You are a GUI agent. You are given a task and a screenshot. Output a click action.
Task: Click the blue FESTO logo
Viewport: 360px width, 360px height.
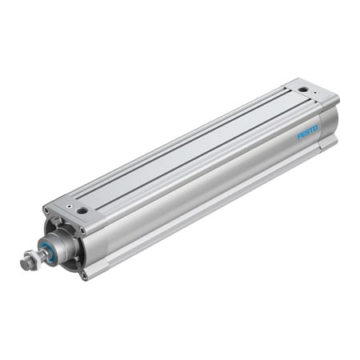[x=307, y=131]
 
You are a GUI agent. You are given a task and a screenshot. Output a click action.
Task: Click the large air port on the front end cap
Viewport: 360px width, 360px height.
[x=82, y=211]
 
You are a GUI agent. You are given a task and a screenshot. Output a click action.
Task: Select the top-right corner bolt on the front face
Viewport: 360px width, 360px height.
[x=82, y=231]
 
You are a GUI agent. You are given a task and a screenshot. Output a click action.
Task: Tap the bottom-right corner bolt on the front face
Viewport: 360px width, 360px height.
[x=83, y=274]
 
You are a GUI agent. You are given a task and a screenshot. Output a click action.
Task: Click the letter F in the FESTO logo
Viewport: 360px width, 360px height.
[x=299, y=135]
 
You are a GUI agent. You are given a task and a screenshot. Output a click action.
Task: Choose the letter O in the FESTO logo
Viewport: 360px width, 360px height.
[x=315, y=127]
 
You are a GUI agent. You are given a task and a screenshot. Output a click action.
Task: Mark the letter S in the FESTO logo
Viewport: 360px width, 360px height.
[x=307, y=131]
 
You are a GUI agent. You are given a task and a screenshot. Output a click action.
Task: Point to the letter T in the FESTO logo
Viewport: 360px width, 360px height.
[x=311, y=130]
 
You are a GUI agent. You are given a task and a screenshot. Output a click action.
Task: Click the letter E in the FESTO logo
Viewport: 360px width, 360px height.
[x=303, y=134]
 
